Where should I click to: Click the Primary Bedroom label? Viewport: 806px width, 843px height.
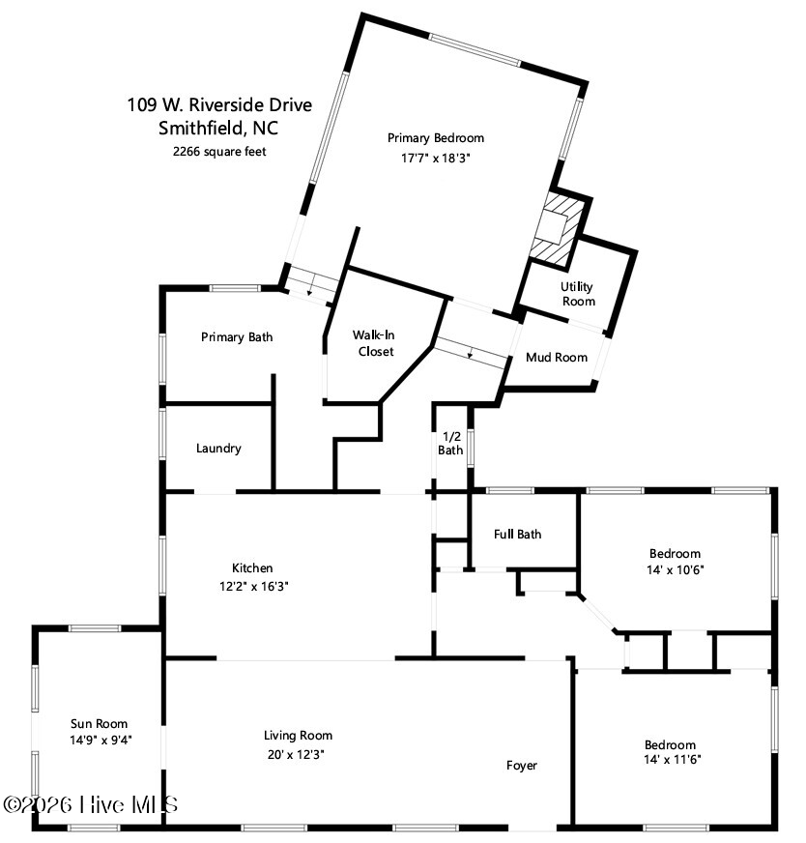(436, 138)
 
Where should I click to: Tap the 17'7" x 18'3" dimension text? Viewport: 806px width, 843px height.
(436, 159)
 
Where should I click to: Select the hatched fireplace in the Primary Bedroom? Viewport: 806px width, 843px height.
(558, 229)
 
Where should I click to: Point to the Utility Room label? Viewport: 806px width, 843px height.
(578, 294)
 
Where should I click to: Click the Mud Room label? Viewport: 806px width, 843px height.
(557, 358)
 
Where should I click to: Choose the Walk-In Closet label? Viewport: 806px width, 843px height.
(375, 343)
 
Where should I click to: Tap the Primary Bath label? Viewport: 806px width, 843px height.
(237, 337)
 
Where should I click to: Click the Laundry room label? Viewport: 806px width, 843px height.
(218, 449)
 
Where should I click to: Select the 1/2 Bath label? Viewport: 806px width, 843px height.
(450, 444)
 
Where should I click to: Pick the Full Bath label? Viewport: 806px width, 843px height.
(517, 535)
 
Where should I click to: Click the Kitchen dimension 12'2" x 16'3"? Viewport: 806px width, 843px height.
(253, 586)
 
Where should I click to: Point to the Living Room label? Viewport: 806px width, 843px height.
(299, 736)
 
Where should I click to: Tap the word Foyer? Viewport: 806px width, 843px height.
(522, 766)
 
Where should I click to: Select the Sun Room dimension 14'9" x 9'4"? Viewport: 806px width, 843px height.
(101, 741)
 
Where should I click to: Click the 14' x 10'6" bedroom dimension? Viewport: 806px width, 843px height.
(676, 569)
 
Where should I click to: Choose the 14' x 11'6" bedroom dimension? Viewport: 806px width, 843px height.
(673, 759)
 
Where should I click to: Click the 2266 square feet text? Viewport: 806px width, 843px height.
(219, 152)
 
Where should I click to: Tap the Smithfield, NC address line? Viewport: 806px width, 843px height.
(218, 128)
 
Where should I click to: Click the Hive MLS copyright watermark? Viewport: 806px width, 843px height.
(90, 805)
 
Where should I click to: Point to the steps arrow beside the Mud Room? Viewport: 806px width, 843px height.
(470, 353)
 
